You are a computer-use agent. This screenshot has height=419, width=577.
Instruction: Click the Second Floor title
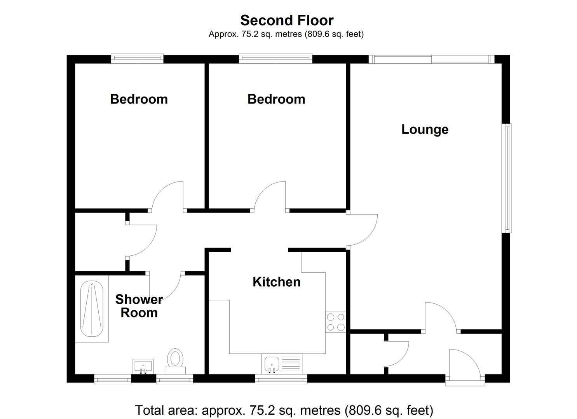click(x=287, y=20)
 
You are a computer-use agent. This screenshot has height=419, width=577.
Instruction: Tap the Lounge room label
click(x=425, y=129)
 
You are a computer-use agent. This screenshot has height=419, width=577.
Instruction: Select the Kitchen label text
click(x=276, y=282)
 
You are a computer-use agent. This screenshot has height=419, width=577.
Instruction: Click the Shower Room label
click(x=139, y=306)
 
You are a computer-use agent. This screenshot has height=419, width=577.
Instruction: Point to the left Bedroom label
click(x=139, y=99)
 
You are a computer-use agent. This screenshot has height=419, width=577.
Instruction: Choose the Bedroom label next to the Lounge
click(x=276, y=99)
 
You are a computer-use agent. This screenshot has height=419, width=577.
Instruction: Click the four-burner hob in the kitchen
click(x=336, y=322)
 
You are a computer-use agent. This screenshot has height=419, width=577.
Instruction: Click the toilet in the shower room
click(x=175, y=360)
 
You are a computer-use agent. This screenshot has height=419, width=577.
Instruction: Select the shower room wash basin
click(x=143, y=365)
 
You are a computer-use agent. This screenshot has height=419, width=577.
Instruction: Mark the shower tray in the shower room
click(x=92, y=309)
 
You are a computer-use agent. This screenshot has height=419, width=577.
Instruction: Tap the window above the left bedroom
click(x=137, y=59)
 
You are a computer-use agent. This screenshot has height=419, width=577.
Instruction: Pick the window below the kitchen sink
click(x=281, y=379)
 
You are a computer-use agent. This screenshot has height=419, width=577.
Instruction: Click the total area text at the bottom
click(x=284, y=410)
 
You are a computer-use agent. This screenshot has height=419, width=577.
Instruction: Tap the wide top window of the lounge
click(x=431, y=59)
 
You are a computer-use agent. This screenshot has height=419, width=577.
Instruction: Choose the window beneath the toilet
click(x=174, y=379)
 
